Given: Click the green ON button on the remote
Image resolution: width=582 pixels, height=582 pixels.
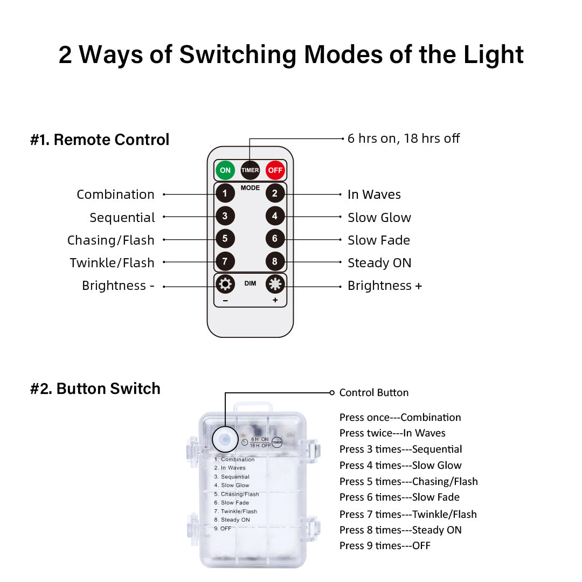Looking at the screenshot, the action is (x=225, y=170).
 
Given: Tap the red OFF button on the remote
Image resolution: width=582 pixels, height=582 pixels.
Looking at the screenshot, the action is (x=275, y=170).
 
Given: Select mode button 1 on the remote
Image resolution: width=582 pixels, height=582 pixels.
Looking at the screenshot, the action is (x=225, y=193).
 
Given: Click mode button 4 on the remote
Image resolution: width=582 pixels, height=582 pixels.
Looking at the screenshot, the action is (x=275, y=216).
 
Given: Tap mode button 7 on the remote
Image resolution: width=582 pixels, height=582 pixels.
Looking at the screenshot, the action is (x=225, y=261).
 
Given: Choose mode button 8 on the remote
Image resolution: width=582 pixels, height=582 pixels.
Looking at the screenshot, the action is (x=275, y=261).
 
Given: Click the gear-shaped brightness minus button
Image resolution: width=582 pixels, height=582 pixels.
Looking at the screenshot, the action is (x=225, y=285).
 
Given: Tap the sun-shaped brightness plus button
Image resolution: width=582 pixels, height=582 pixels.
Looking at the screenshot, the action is (x=275, y=285).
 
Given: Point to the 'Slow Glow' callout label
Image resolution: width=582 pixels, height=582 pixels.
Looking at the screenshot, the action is (x=379, y=218).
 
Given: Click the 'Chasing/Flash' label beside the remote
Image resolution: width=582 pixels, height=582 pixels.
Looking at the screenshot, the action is (x=110, y=240).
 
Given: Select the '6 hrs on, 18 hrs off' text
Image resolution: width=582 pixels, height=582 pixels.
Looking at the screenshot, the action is (x=404, y=138).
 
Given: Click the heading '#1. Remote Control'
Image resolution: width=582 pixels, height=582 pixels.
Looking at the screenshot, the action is (x=100, y=140).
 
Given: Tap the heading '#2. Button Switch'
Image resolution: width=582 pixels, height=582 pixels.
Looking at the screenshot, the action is (x=95, y=389).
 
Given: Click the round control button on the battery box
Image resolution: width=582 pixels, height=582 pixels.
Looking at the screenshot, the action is (x=225, y=440).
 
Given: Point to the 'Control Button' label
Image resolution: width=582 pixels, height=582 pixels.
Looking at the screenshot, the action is (x=374, y=393).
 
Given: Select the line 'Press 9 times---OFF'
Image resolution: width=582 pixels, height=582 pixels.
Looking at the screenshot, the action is (x=385, y=545).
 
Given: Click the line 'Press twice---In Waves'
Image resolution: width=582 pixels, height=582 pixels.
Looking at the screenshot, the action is (x=392, y=433).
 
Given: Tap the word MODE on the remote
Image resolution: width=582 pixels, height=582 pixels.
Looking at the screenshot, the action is (x=250, y=188).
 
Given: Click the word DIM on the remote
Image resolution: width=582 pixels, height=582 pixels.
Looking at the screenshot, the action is (x=250, y=283).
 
